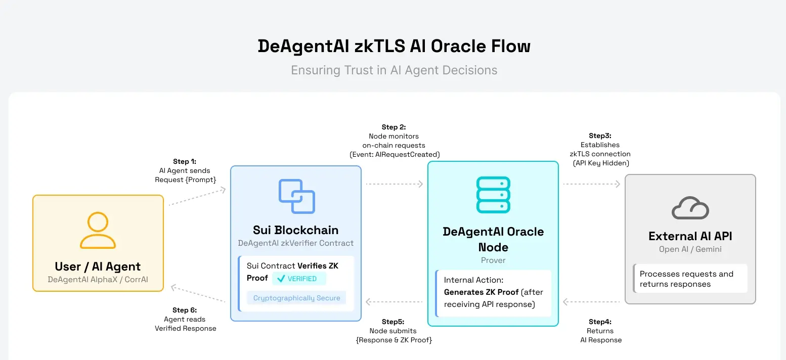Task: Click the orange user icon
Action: coord(98,231)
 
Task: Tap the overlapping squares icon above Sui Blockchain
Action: coord(297,196)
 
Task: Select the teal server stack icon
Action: coord(493,195)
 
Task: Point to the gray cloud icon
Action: coord(690,208)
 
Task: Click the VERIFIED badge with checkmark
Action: coord(298,279)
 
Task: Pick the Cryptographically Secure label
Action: coord(297,298)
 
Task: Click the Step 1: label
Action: coord(184,162)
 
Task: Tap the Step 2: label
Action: coord(394,127)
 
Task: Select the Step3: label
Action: coord(600,136)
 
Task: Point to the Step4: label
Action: coord(600,322)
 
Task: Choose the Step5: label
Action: coord(393,322)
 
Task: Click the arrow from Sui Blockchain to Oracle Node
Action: coord(394,184)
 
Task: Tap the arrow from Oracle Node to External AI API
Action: coord(591,184)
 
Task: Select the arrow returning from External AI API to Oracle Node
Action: coord(591,302)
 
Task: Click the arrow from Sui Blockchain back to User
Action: coord(198,294)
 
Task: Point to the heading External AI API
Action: coord(690,236)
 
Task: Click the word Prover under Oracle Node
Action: coord(493,260)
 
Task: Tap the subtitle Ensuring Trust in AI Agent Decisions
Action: coord(394,70)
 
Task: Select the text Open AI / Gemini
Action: coord(690,249)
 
